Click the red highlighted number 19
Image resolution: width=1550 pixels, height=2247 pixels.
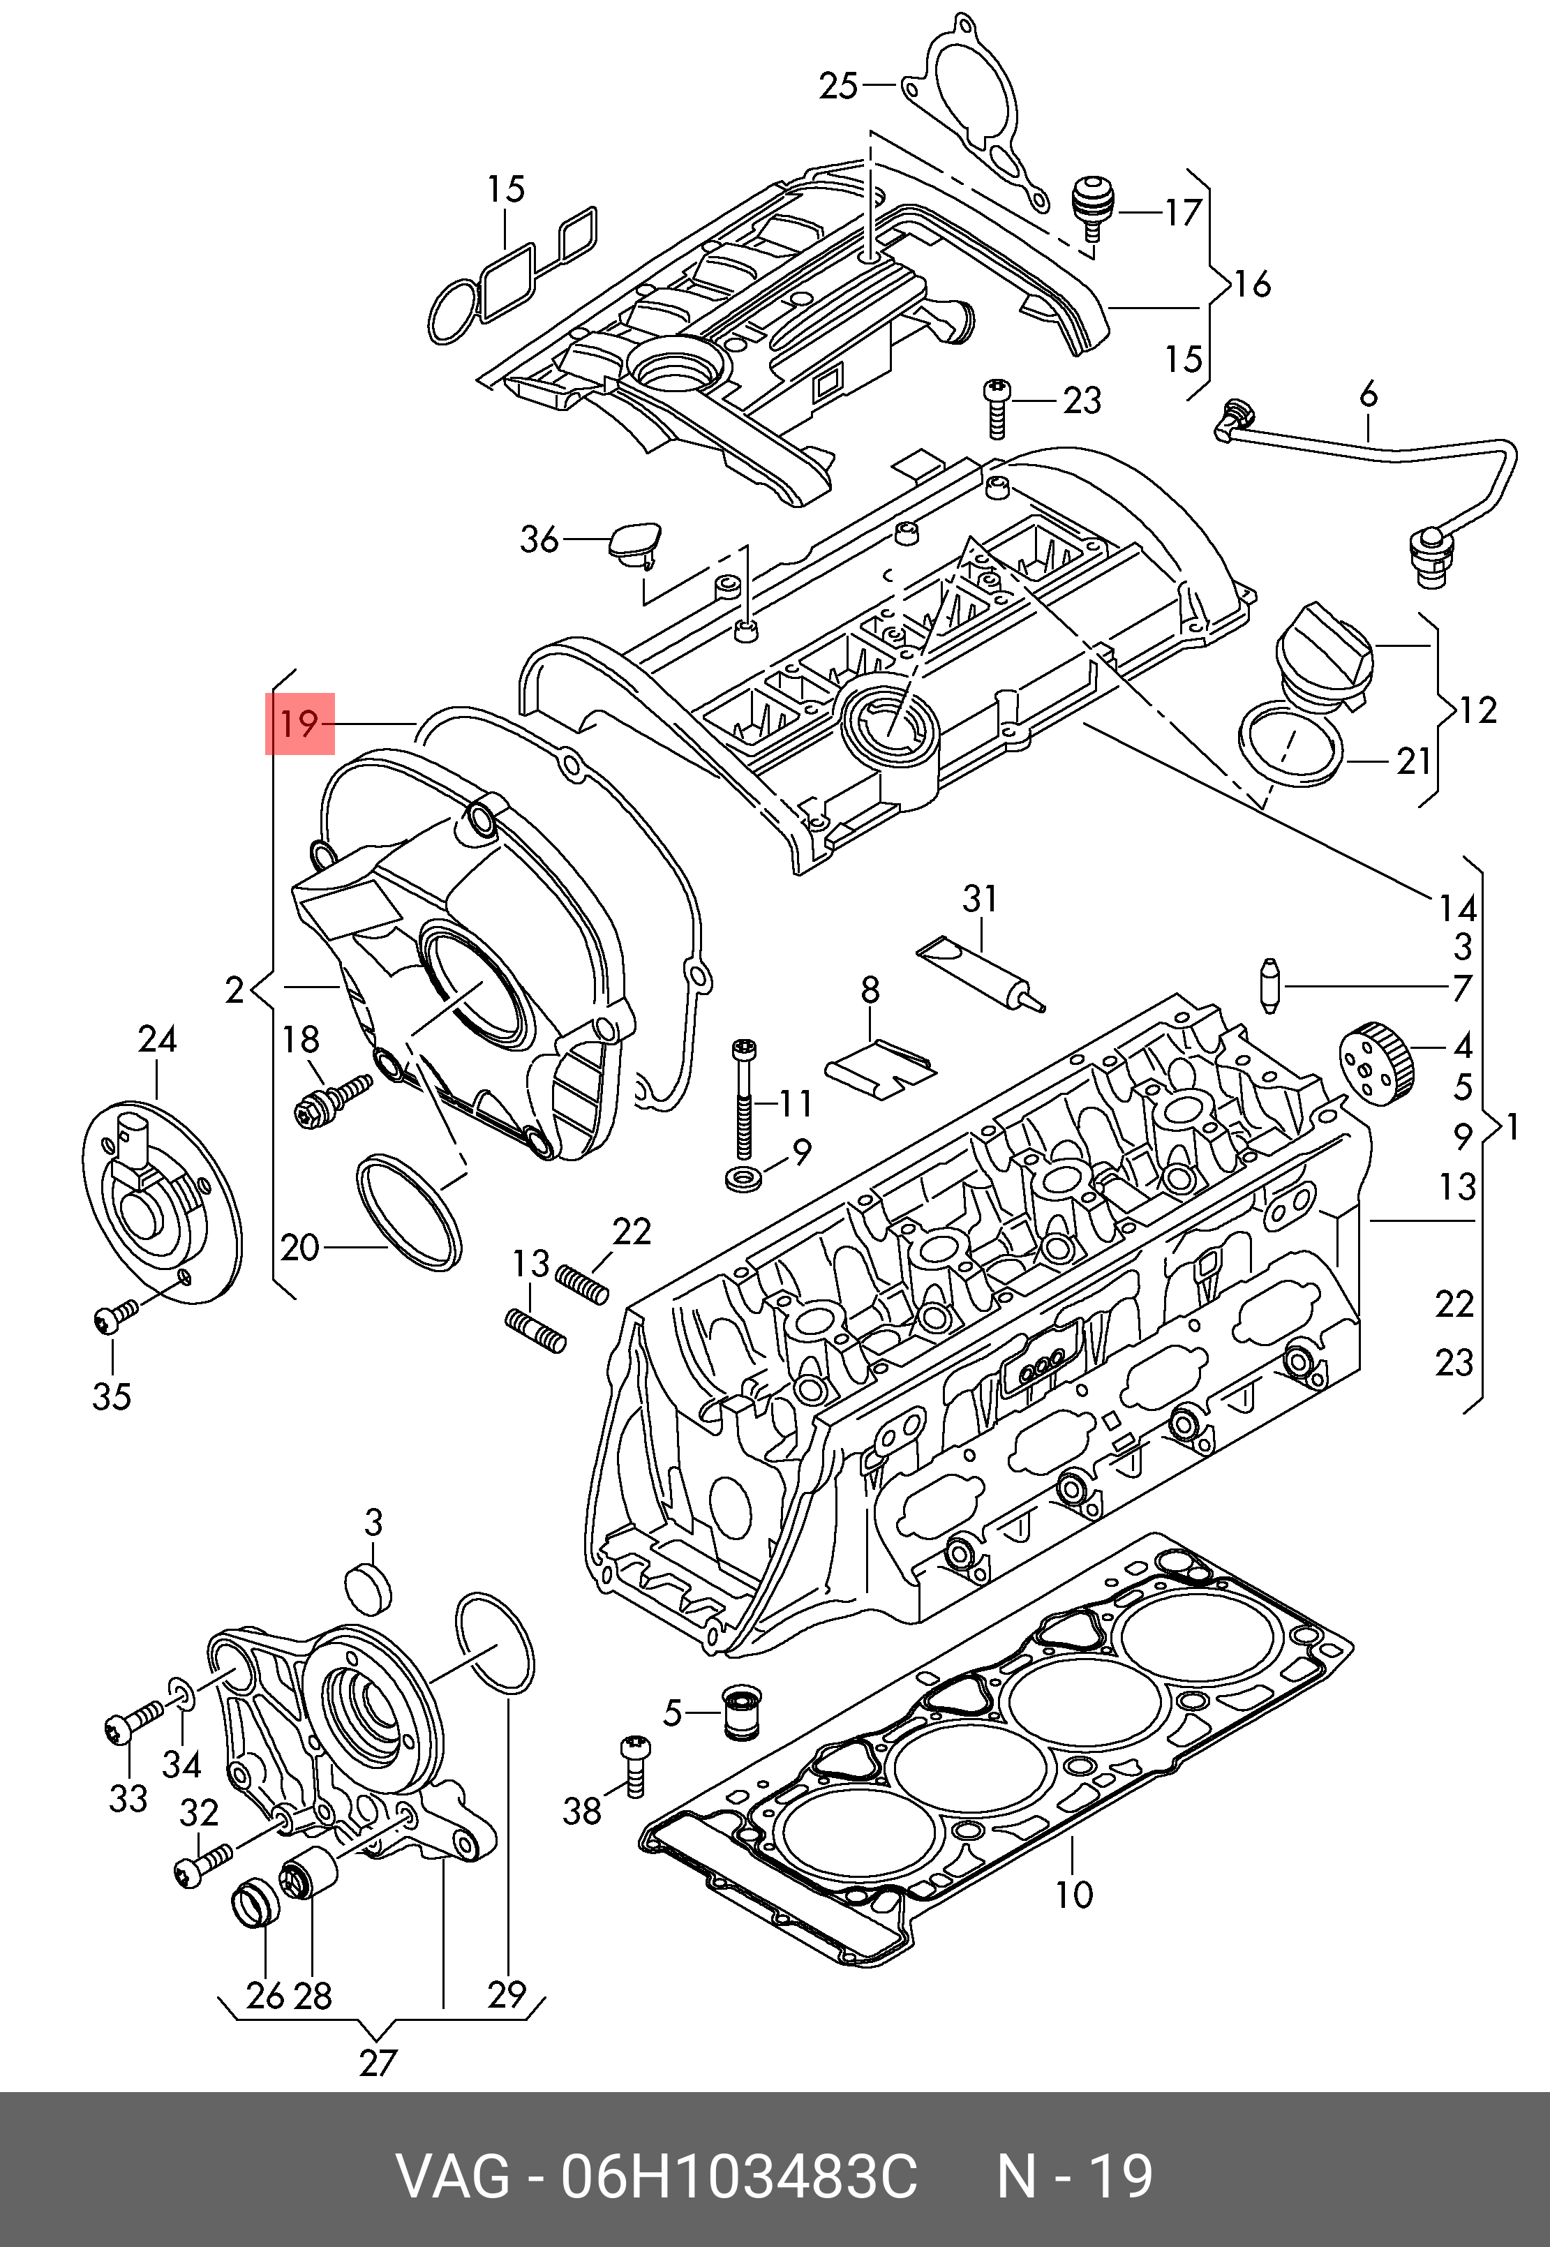point(299,724)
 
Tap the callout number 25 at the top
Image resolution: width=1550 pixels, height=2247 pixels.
point(839,87)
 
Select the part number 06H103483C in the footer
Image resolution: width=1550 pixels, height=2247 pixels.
point(738,2177)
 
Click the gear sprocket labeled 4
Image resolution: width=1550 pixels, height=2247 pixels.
point(1376,1064)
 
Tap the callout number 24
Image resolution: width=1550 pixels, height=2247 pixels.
point(157,1039)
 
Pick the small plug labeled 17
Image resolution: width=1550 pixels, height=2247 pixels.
point(1094,207)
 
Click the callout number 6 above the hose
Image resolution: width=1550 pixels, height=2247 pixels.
point(1369,394)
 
